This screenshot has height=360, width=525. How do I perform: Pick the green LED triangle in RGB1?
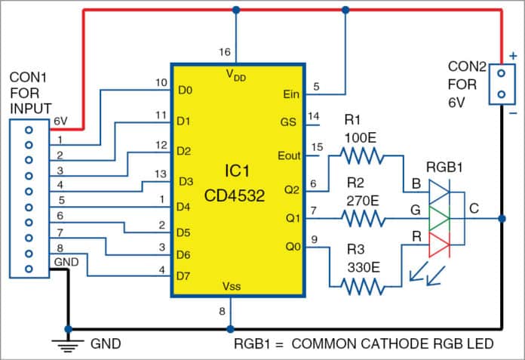438,220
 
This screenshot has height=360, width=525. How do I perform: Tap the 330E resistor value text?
364,266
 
